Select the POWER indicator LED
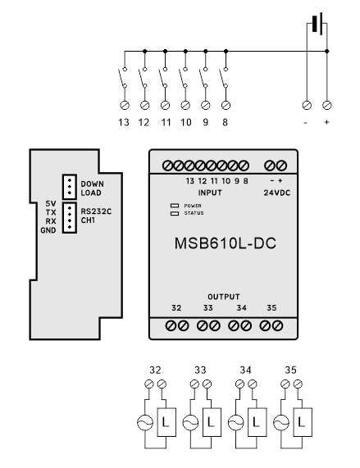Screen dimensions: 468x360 tap(174, 205)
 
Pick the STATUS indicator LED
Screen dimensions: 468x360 tap(174, 213)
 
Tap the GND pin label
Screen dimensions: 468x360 tap(48, 230)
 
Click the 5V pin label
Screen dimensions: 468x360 tap(50, 202)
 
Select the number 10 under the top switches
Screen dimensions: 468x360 tap(185, 122)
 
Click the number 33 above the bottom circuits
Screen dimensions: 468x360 tap(200, 370)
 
